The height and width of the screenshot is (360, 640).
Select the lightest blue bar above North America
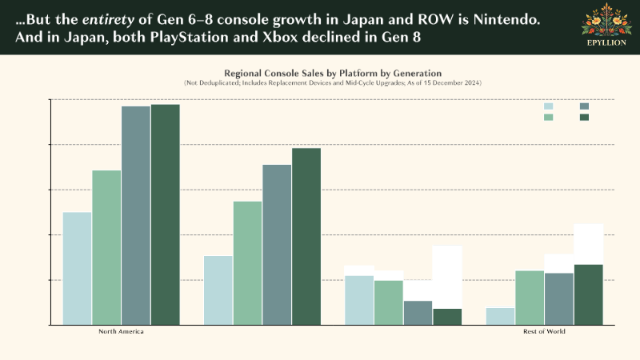(77, 269)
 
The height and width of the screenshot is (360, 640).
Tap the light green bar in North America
(106, 248)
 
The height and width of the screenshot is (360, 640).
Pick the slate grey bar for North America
(136, 216)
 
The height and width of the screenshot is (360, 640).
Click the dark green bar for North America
(165, 215)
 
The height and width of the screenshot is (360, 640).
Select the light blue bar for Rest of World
(500, 317)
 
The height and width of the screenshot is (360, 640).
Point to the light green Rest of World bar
(530, 298)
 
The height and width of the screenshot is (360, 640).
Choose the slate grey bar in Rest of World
(559, 299)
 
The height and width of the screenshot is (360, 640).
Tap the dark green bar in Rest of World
(588, 294)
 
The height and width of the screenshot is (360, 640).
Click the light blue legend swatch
(548, 106)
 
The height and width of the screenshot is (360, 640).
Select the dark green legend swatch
(584, 118)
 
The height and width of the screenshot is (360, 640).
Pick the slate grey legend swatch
(584, 106)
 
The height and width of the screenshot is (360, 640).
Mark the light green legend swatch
(548, 118)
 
